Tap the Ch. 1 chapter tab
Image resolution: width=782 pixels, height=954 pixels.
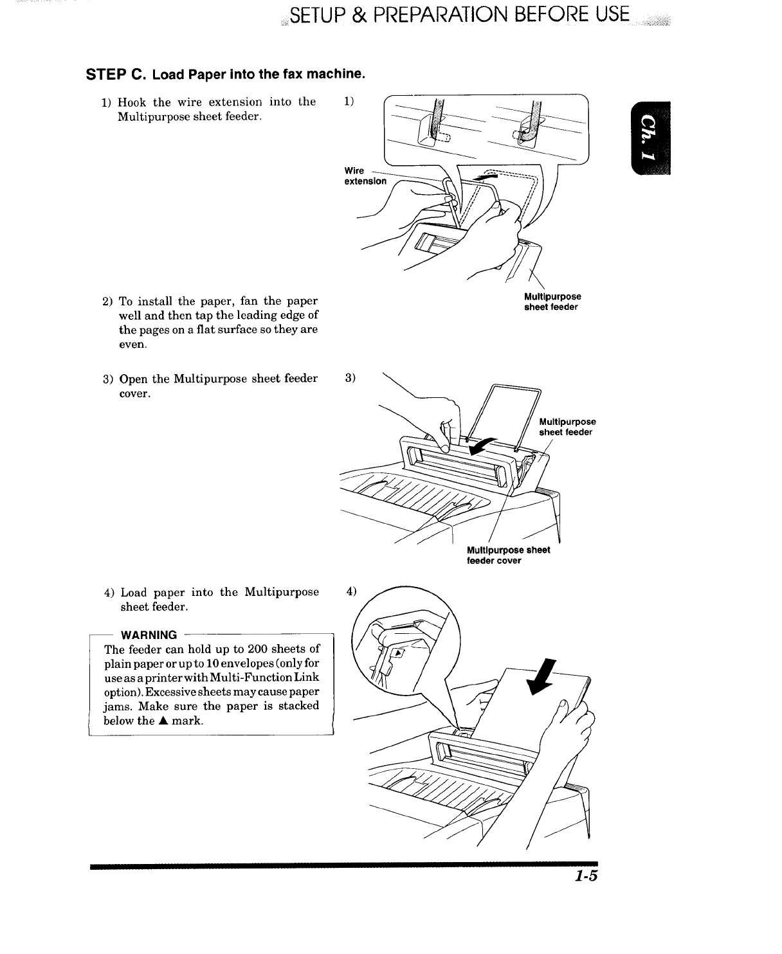click(651, 138)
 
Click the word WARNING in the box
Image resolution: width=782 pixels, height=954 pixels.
click(149, 635)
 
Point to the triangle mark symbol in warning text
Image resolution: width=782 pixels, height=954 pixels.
click(163, 721)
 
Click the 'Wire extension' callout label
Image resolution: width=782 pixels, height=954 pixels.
click(365, 176)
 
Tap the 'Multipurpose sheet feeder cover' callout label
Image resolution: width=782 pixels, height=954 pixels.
click(508, 555)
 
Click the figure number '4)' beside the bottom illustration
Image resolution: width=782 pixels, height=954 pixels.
click(351, 591)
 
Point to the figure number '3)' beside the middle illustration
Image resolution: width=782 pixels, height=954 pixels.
click(350, 378)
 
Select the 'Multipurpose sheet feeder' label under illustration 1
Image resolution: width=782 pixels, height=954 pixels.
click(552, 301)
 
